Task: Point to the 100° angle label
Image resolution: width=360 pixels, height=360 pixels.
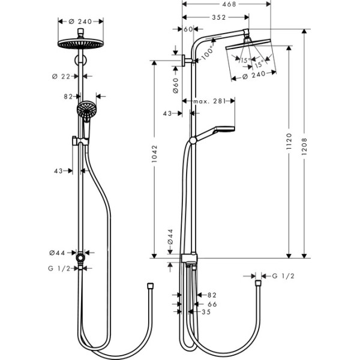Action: tap(207, 52)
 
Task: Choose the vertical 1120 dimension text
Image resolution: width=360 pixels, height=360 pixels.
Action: tap(289, 142)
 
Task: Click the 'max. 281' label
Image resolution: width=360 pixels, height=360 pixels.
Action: tap(209, 101)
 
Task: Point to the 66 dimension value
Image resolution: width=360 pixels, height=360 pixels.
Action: tap(212, 304)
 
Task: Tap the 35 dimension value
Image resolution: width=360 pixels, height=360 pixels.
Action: tap(206, 312)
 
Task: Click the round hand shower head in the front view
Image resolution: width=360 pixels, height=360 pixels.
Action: tap(86, 110)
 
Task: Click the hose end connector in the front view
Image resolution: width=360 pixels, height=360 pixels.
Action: tap(150, 285)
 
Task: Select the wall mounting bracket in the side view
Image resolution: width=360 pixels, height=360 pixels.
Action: tap(182, 61)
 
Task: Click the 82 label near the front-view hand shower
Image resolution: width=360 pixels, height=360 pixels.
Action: tap(68, 96)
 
